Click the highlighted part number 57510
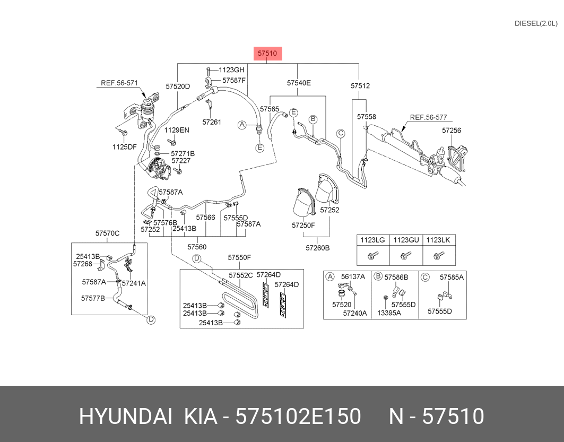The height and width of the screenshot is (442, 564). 267,53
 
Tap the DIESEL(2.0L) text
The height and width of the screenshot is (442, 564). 536,23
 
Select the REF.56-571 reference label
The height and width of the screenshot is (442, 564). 119,83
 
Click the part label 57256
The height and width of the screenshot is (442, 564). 452,130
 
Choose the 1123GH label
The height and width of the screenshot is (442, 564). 231,70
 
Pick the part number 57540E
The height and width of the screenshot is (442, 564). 299,83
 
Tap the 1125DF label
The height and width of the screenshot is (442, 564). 124,147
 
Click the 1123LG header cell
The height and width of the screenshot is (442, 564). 372,240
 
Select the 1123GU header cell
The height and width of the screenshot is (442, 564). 406,240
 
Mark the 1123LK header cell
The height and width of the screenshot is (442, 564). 438,240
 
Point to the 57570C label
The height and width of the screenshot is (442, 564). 108,233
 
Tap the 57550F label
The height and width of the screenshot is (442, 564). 239,258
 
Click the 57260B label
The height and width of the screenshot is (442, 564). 317,248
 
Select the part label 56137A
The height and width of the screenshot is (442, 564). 353,276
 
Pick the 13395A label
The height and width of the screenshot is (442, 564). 389,313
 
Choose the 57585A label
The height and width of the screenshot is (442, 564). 452,277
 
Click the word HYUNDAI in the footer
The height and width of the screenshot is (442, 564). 125,417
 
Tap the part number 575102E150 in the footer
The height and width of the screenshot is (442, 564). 298,417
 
